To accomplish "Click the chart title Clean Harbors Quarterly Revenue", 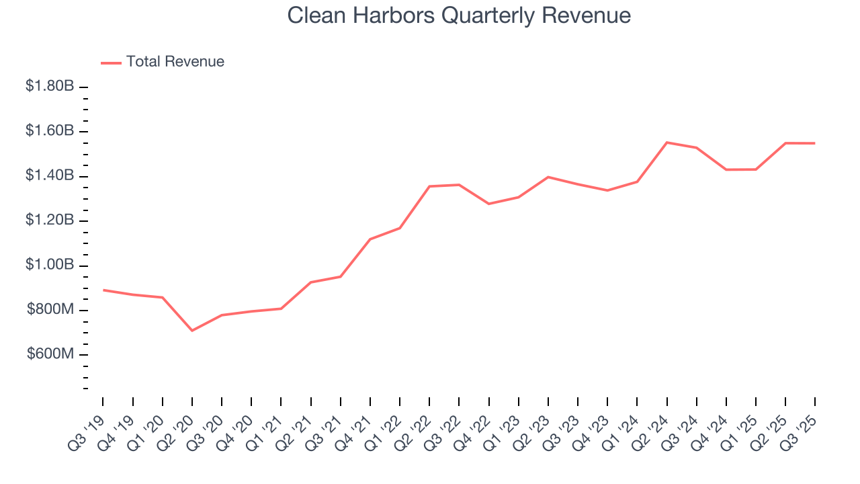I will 459,15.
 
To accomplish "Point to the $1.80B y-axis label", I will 50,86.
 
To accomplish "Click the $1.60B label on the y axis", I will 50,130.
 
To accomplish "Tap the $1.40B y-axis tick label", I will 50,175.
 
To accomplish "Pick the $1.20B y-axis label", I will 50,220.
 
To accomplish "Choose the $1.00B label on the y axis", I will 50,265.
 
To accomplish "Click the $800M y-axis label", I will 50,310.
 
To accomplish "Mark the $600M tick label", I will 50,355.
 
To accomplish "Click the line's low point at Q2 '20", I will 192,331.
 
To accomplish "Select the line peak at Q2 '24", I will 666,143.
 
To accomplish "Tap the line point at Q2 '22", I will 429,186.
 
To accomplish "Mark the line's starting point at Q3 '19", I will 103,290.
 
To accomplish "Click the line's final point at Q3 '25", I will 815,143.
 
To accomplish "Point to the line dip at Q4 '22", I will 488,204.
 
